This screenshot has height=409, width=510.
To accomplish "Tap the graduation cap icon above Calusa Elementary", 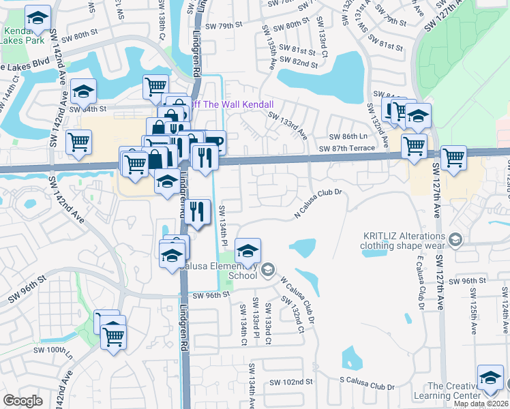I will tap(248, 250).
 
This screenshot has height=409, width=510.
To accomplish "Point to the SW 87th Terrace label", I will tap(352, 148).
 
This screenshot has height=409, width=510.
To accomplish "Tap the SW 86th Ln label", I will tap(344, 137).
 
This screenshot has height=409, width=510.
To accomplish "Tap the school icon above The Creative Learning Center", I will tap(490, 378).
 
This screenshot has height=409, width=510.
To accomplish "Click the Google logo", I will tap(22, 401).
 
